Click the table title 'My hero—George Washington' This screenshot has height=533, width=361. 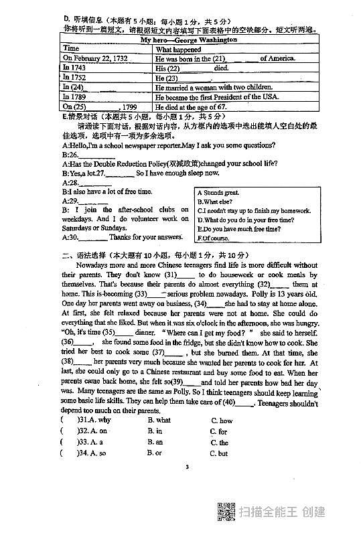click(188, 40)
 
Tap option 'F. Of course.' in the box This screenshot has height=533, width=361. click(214, 238)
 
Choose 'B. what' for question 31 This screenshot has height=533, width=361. click(159, 421)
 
